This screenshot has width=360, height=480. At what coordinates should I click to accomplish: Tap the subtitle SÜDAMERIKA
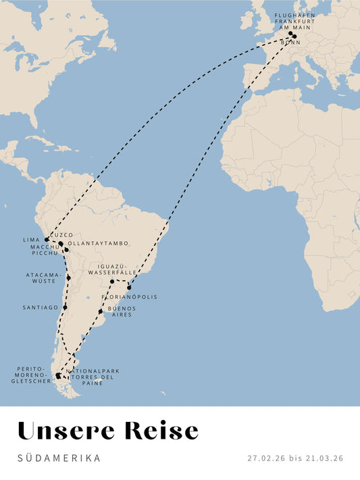[59, 458]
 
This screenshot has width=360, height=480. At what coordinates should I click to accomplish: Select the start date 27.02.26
[267, 458]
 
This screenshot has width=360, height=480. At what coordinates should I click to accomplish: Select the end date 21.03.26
[324, 458]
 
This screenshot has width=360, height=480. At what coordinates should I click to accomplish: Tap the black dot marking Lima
[47, 240]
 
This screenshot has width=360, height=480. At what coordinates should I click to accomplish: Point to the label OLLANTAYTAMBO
[98, 244]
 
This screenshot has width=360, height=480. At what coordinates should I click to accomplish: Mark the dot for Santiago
[66, 307]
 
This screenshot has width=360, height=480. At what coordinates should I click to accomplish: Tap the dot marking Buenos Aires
[101, 311]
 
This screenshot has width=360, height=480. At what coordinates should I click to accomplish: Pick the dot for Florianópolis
[129, 288]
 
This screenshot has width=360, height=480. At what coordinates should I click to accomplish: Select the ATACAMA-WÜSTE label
[43, 277]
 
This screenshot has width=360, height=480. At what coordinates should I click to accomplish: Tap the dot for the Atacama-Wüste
[69, 277]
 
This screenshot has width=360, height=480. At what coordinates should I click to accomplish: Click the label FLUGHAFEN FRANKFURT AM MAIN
[294, 21]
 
